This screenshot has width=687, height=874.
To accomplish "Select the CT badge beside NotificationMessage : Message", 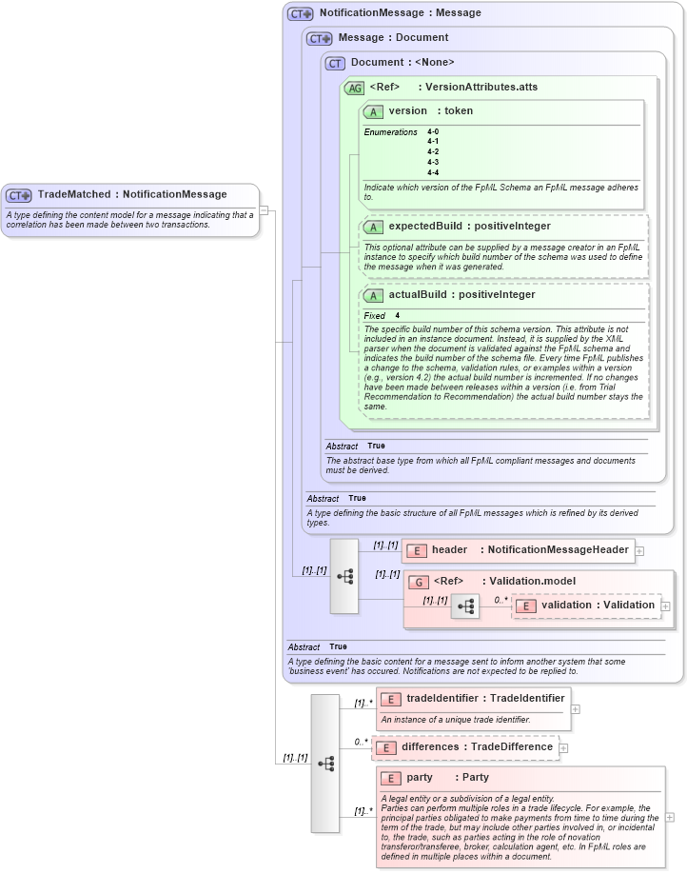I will tap(301, 13).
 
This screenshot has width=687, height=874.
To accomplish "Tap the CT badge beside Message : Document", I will tap(319, 38).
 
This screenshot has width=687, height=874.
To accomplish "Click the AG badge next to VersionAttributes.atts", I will tap(354, 88).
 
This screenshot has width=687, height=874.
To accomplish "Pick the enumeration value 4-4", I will tap(433, 172).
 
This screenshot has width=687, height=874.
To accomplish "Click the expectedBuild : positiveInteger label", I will tap(456, 227).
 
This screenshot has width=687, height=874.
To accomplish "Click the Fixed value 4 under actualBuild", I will tap(398, 315).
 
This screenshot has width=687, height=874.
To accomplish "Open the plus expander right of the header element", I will tap(639, 550).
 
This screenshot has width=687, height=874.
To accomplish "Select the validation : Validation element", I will tap(598, 605).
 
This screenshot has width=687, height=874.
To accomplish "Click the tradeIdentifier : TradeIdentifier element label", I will tap(484, 699).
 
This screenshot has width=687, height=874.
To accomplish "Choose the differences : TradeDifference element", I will tap(476, 747).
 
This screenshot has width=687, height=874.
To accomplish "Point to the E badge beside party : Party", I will tap(389, 778).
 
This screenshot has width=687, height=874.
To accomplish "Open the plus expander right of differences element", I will tap(563, 748).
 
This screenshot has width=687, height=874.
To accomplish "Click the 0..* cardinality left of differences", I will tap(361, 742).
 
